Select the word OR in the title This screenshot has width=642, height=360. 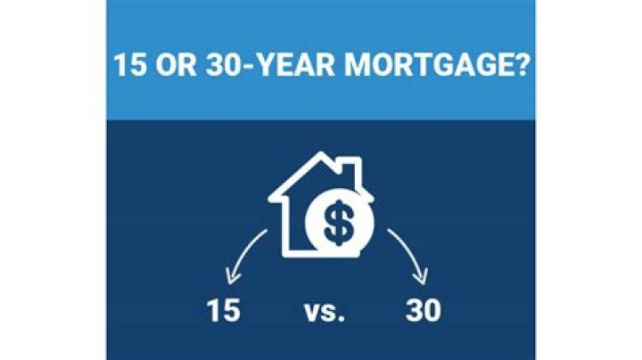[176, 66]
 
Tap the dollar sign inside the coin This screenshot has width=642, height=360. [337, 225]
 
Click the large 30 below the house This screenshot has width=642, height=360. [423, 313]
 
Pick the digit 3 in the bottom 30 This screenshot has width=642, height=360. [413, 313]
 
